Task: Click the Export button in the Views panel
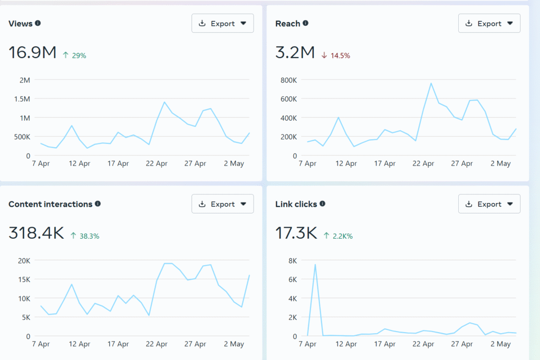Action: [x=222, y=23]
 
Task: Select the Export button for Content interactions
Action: [x=222, y=204]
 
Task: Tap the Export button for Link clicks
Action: [x=489, y=204]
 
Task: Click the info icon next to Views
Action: [x=38, y=23]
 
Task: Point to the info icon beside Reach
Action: [x=305, y=23]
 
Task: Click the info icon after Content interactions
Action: [x=98, y=204]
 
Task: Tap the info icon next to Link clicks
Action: [x=322, y=204]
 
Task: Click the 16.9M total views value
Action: [x=32, y=53]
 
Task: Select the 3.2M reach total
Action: [x=295, y=53]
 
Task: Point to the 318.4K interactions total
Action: [x=36, y=233]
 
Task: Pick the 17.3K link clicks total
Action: [x=296, y=233]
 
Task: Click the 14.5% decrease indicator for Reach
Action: [x=335, y=55]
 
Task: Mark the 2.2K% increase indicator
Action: [x=338, y=236]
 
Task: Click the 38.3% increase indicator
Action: [x=84, y=236]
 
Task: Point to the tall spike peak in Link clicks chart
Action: [x=315, y=265]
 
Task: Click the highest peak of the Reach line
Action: [x=431, y=83]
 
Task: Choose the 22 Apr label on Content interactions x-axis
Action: [x=157, y=344]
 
